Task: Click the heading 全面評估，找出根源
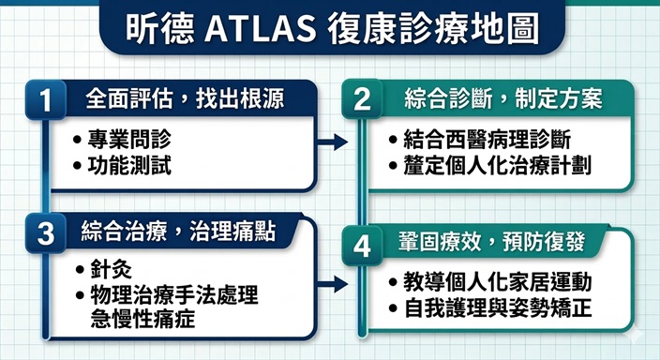[x=184, y=97]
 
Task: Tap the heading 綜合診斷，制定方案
[x=502, y=97]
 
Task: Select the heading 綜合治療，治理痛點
[x=177, y=232]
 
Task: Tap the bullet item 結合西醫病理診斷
[x=487, y=141]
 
